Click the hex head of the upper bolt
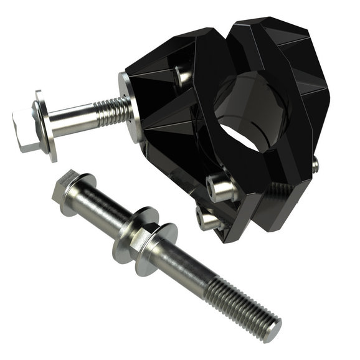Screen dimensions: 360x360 click(x=24, y=130)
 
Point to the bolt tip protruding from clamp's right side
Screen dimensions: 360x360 click(x=315, y=164)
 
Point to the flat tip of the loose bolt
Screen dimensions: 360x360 click(x=273, y=329)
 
